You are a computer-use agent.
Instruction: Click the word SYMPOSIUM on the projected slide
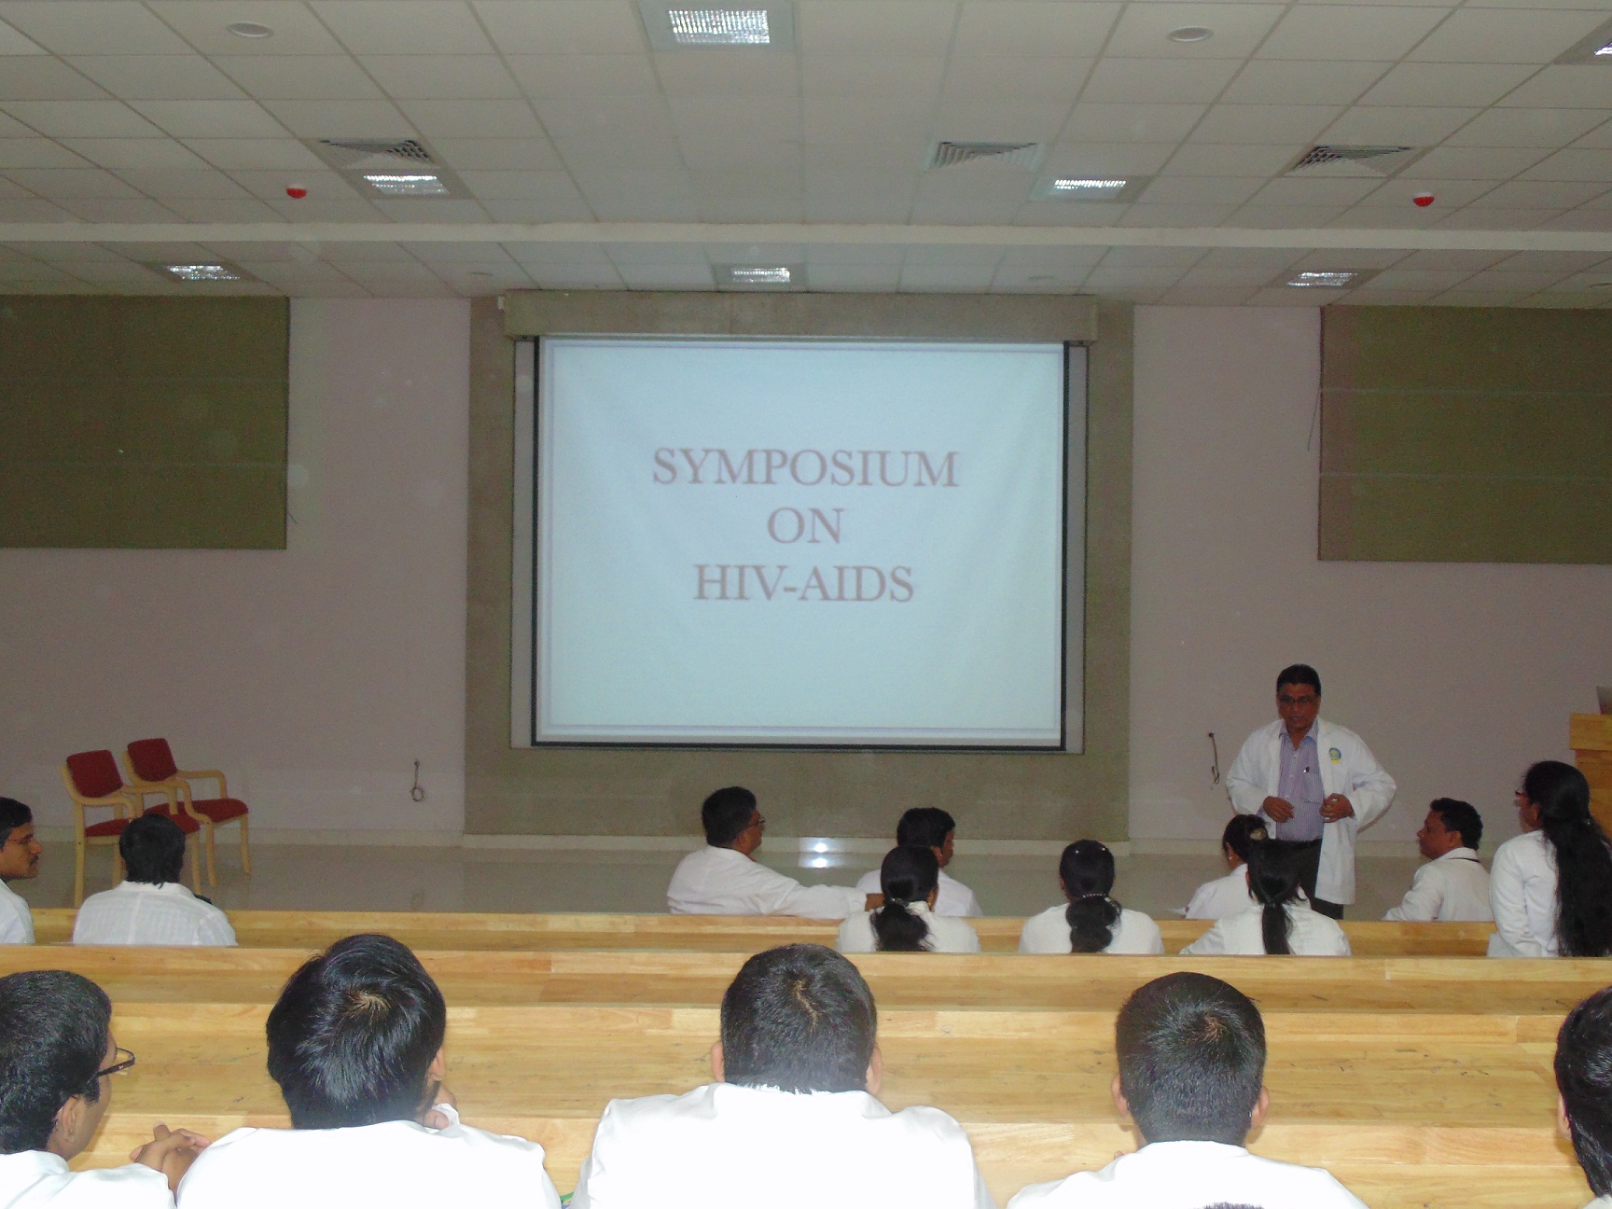[805, 467]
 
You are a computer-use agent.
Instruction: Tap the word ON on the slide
[804, 526]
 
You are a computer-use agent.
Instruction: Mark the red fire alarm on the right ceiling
[1421, 199]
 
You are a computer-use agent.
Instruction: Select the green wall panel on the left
[143, 422]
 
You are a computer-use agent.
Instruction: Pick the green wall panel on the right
[1465, 434]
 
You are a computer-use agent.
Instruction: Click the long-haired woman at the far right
[1549, 859]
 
